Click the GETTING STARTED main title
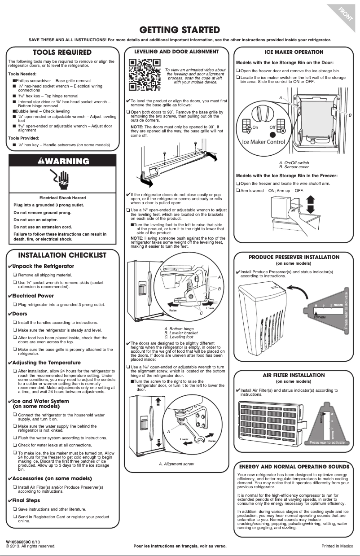pyautogui.click(x=180, y=30)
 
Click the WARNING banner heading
pyautogui.click(x=63, y=161)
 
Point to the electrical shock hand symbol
pyautogui.click(x=62, y=180)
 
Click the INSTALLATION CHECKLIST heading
pyautogui.click(x=62, y=255)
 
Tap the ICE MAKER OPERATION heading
pyautogui.click(x=294, y=52)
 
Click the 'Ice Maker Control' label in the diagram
pyautogui.click(x=263, y=142)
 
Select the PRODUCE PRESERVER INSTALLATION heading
pyautogui.click(x=294, y=257)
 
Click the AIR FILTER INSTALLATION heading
pyautogui.click(x=294, y=375)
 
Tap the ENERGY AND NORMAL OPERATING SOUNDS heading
pyautogui.click(x=294, y=466)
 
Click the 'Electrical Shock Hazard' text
pyautogui.click(x=62, y=198)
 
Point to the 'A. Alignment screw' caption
pyautogui.click(x=176, y=464)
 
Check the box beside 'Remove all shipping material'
pyautogui.click(x=15, y=275)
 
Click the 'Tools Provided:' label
pyautogui.click(x=23, y=138)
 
